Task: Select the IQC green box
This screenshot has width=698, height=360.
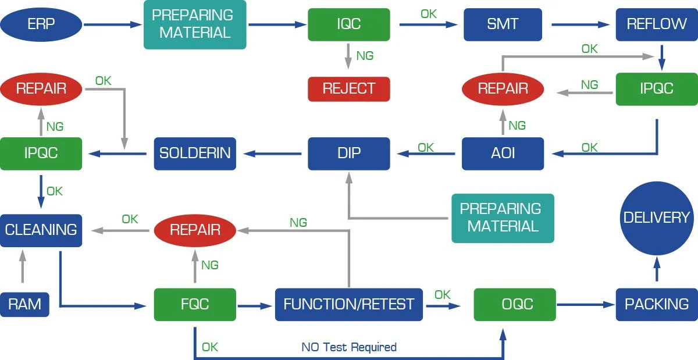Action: click(x=348, y=24)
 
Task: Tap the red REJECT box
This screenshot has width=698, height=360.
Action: click(x=348, y=88)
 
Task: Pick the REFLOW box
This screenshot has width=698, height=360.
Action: click(x=657, y=24)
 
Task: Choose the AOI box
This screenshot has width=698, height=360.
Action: click(x=503, y=153)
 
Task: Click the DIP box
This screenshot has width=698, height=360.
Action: click(x=348, y=153)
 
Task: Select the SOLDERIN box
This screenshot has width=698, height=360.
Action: click(x=195, y=153)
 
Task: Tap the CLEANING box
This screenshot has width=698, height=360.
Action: click(x=41, y=230)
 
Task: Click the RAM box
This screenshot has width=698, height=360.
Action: click(x=24, y=304)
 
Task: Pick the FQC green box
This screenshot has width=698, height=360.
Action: click(x=195, y=304)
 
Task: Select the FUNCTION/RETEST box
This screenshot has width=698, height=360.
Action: click(x=348, y=304)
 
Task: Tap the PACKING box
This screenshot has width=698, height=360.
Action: click(x=657, y=304)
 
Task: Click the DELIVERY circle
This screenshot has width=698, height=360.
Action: click(x=657, y=218)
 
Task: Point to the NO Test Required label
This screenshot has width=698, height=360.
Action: click(x=348, y=347)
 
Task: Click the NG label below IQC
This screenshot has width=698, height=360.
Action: click(x=365, y=56)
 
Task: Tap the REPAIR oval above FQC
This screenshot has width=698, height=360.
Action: click(x=195, y=230)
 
